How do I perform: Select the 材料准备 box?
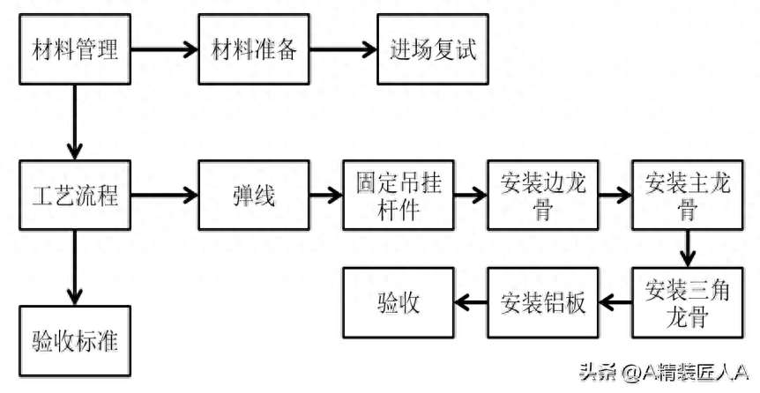[254, 48]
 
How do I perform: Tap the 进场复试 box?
[433, 48]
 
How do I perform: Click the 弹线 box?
[254, 195]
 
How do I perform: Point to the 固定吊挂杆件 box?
[398, 195]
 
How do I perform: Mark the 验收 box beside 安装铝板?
[398, 303]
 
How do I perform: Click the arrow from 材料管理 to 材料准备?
[164, 48]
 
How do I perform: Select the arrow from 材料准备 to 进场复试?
[343, 48]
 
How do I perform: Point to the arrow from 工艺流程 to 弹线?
[164, 195]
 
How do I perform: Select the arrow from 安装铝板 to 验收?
[470, 303]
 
